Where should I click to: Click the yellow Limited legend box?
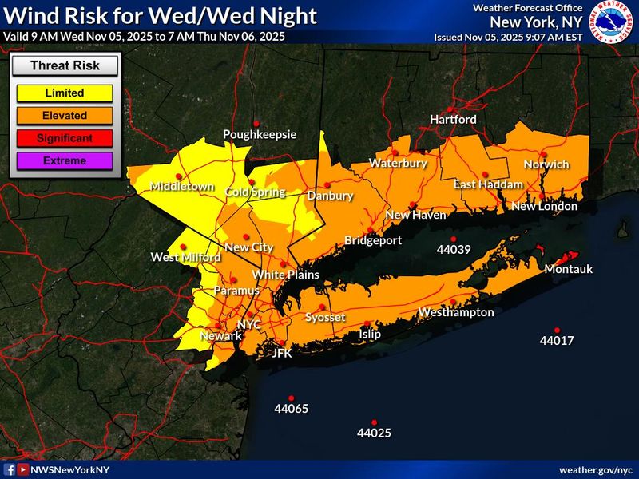click(x=65, y=93)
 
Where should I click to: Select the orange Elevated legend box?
click(x=65, y=115)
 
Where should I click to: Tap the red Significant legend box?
click(x=65, y=138)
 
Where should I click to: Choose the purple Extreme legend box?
click(x=65, y=160)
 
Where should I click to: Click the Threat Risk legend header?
click(x=65, y=66)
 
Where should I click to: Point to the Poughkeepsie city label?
click(x=253, y=134)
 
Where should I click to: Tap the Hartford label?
click(x=453, y=119)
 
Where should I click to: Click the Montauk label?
click(x=568, y=269)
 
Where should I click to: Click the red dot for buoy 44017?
click(x=557, y=330)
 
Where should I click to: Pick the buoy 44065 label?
click(x=291, y=409)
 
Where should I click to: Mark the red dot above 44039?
click(x=453, y=239)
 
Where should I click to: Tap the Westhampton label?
click(x=456, y=312)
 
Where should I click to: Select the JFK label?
click(x=283, y=352)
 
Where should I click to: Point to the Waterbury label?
click(x=398, y=164)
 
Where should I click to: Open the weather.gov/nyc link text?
click(x=595, y=470)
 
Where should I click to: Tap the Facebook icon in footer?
click(x=10, y=470)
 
